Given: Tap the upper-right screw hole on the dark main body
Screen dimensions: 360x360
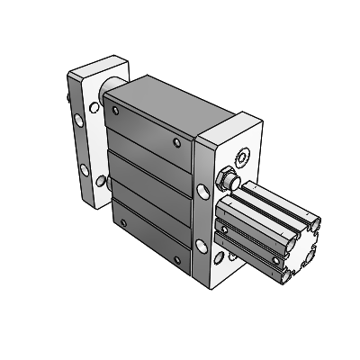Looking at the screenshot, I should (177, 141).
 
